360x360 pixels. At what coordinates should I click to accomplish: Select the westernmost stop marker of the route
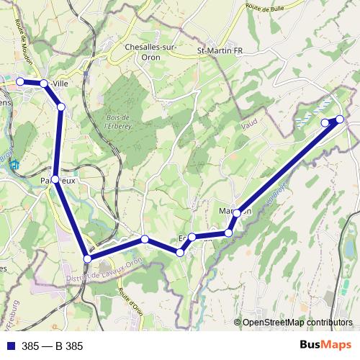pyautogui.click(x=21, y=82)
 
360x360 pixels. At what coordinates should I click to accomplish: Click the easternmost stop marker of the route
pyautogui.click(x=340, y=120)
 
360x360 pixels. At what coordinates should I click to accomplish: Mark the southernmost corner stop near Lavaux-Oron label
pyautogui.click(x=88, y=258)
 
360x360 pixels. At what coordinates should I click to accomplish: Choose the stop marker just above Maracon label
pyautogui.click(x=237, y=213)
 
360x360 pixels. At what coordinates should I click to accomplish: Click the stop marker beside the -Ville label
pyautogui.click(x=44, y=84)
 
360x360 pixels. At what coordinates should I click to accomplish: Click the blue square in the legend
pyautogui.click(x=11, y=346)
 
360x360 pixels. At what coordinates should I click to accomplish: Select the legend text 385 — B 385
pyautogui.click(x=52, y=346)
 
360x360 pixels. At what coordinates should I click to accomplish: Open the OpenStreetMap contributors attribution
pyautogui.click(x=297, y=323)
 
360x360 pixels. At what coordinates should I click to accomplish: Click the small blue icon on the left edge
pyautogui.click(x=14, y=164)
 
